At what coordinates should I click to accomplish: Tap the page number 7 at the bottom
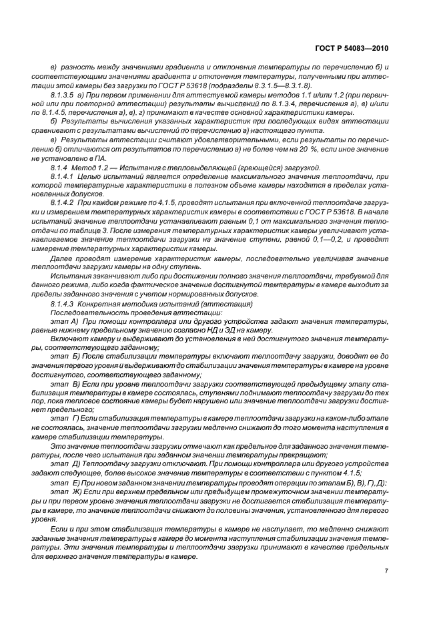tap(386, 571)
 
